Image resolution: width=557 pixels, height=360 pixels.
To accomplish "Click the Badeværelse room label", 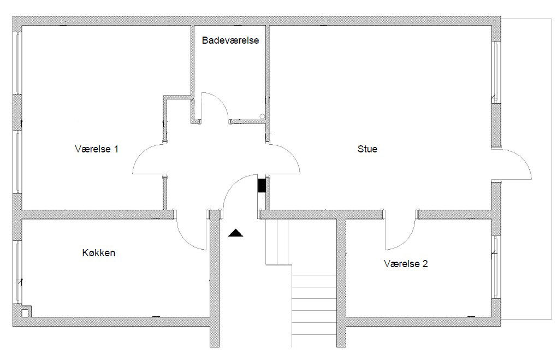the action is click(x=230, y=40).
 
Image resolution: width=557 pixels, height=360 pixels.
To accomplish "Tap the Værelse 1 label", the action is click(x=97, y=149).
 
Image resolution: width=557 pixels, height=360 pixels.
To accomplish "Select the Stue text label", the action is click(x=368, y=149).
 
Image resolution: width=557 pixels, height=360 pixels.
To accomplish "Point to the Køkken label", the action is click(x=99, y=253).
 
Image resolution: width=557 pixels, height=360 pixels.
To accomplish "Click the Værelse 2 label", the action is click(x=406, y=264).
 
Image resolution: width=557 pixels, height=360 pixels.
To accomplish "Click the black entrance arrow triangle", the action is click(x=235, y=233).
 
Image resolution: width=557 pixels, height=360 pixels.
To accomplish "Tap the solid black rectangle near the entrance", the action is click(x=262, y=185).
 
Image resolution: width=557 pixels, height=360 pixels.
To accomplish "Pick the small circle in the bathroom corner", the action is click(x=262, y=116).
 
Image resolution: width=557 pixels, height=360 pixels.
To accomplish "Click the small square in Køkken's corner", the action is click(x=25, y=313).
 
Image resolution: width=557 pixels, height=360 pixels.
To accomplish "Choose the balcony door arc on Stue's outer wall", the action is click(x=523, y=158).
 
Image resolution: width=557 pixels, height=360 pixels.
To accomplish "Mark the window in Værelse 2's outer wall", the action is click(x=496, y=266).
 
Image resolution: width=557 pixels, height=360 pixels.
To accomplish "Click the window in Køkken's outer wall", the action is click(x=18, y=272).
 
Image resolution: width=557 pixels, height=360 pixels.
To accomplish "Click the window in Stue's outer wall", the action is click(x=496, y=72).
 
